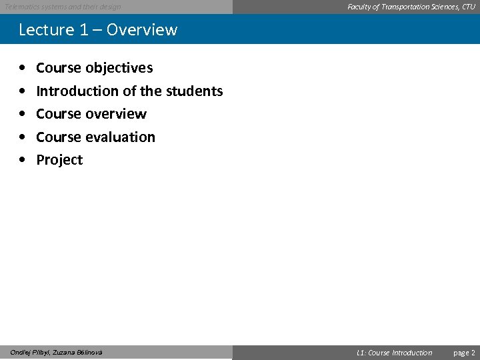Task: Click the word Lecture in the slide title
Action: coord(47,30)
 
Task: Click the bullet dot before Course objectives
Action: coord(23,69)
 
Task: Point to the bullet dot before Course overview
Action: coord(23,115)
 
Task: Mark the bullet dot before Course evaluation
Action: coord(23,137)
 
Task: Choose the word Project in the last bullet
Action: coord(59,160)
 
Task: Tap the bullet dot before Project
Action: coord(23,161)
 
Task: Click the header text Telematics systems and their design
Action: coord(63,7)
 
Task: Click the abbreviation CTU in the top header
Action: coord(468,7)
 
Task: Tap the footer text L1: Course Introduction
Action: coord(394,353)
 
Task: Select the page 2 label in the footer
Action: coord(464,353)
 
